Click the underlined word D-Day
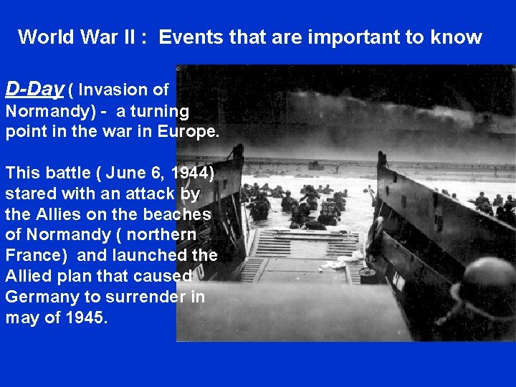tap(34, 89)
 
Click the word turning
tap(159, 112)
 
